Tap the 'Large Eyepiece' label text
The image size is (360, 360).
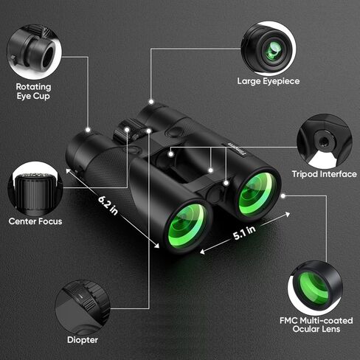coord(268,81)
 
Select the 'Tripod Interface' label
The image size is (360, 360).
coord(324,174)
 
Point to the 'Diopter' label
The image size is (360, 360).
coord(82,339)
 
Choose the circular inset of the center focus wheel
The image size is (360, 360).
coord(34,187)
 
